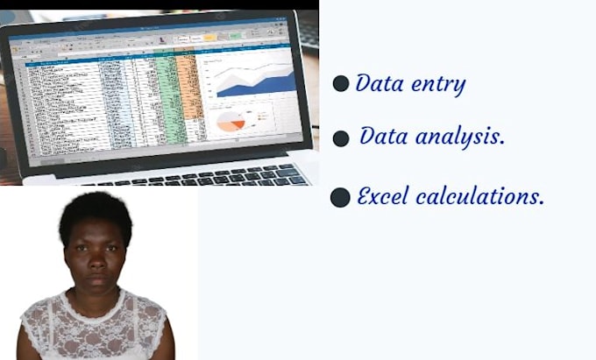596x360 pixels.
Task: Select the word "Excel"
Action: coord(383,196)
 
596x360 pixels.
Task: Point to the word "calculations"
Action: coord(479,196)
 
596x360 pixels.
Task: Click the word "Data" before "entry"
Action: coord(379,84)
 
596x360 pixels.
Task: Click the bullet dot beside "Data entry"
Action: coord(341,84)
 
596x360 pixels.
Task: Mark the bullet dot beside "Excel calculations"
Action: coord(340,197)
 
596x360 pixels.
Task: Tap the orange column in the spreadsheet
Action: coord(186,88)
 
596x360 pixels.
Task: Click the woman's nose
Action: coord(94,264)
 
